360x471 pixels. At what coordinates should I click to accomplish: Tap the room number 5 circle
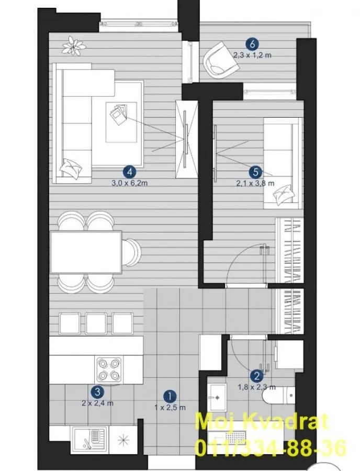(x=255, y=171)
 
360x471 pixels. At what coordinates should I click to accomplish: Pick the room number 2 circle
(x=256, y=375)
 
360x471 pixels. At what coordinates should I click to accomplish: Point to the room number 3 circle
(x=96, y=391)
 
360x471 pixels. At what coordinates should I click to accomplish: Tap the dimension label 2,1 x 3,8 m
(x=255, y=183)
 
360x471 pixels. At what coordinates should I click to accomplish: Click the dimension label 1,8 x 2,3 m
(x=256, y=387)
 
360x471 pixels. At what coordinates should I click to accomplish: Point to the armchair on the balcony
(x=220, y=60)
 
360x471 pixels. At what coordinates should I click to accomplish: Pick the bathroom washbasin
(x=216, y=398)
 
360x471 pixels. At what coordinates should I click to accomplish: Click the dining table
(x=86, y=252)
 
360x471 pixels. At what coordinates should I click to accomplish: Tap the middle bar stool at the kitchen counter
(x=96, y=323)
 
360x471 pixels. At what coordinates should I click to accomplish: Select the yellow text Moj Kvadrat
(x=262, y=422)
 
